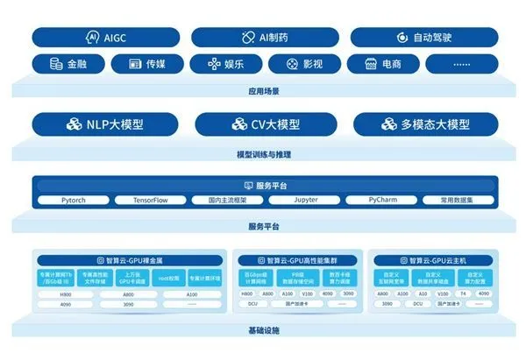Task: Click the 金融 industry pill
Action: (x=68, y=64)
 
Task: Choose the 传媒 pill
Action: (x=147, y=64)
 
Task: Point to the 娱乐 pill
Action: (x=225, y=64)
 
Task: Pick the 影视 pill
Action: (x=303, y=64)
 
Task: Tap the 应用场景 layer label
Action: (x=263, y=90)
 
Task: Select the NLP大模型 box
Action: (x=103, y=124)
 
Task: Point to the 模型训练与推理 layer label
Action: (x=263, y=154)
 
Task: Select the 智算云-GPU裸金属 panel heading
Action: (x=131, y=260)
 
